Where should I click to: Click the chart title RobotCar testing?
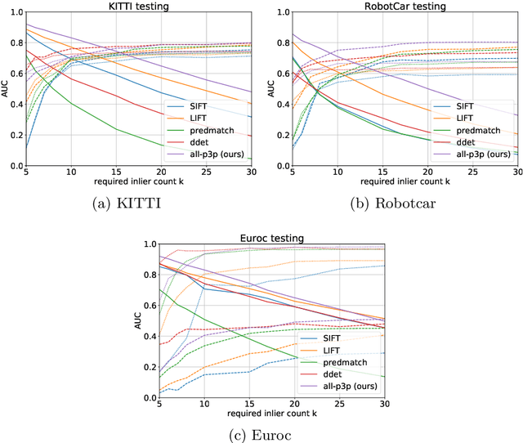[x=405, y=6]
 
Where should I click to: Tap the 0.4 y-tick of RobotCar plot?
[x=279, y=105]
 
